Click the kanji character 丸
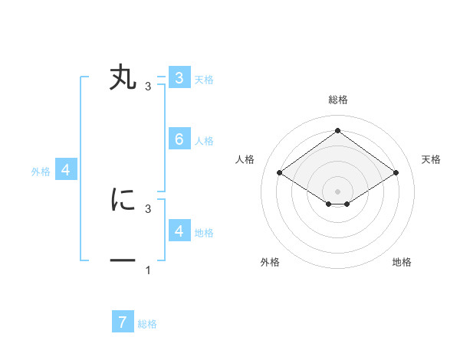tap(123, 78)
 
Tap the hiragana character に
tap(123, 200)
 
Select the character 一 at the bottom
tap(123, 262)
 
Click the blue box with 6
tap(179, 139)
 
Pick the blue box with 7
tap(123, 322)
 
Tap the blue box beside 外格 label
tap(66, 170)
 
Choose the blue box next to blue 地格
tap(179, 231)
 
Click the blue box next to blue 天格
tap(179, 77)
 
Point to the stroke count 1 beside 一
tap(148, 270)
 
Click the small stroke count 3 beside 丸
tap(148, 87)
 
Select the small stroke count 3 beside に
tap(148, 208)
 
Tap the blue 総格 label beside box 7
tap(147, 324)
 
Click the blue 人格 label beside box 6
tap(204, 141)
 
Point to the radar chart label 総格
tap(337, 100)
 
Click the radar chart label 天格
tap(431, 159)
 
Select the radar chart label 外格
tap(270, 262)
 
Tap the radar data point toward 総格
tap(337, 130)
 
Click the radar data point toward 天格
tap(396, 173)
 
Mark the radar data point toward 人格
tap(280, 173)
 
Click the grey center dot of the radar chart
tap(337, 191)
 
